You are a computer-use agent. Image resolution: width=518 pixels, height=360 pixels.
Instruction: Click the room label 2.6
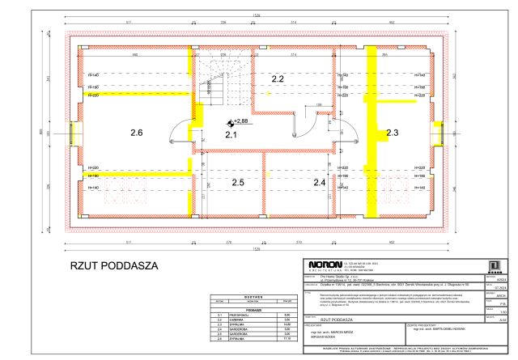tap(135, 132)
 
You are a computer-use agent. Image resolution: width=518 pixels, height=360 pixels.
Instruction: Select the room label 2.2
tap(277, 79)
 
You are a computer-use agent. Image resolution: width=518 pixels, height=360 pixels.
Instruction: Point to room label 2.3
tap(393, 132)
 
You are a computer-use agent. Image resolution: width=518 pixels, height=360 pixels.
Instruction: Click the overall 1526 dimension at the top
tap(255, 15)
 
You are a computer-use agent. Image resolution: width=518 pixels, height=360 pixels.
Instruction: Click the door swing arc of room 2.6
tap(180, 129)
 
